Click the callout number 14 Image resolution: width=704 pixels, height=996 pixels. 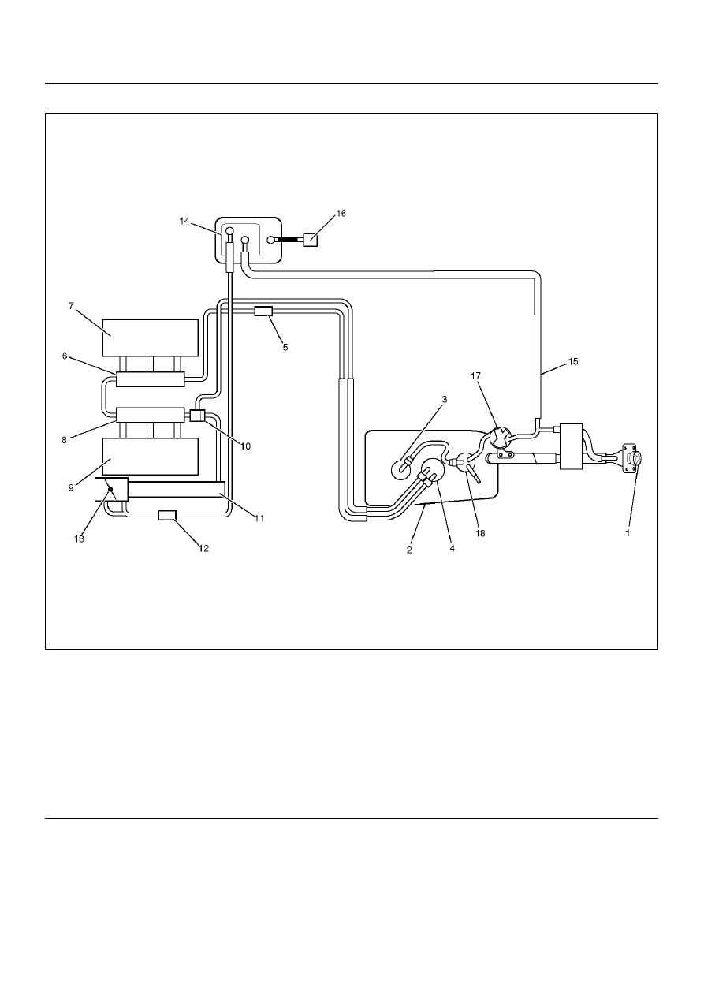click(x=184, y=221)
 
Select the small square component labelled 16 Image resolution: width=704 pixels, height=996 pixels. click(x=311, y=240)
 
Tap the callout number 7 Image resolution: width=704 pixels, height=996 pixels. click(x=71, y=306)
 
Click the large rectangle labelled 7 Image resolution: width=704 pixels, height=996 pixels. click(x=151, y=338)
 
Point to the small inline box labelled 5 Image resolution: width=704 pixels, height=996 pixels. click(x=263, y=311)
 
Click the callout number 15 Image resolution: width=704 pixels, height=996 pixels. click(x=573, y=361)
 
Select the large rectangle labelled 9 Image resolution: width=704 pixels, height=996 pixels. click(x=151, y=457)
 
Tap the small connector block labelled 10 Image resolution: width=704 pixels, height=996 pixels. click(x=196, y=416)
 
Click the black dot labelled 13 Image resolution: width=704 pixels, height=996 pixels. click(x=110, y=490)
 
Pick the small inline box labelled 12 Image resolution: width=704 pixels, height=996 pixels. click(x=168, y=515)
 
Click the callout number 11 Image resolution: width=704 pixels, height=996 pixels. click(x=259, y=518)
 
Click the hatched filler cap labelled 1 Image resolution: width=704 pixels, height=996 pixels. click(x=637, y=458)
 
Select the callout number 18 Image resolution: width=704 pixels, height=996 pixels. click(x=480, y=533)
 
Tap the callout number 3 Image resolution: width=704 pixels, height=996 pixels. click(x=444, y=399)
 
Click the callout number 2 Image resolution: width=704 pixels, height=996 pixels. click(x=409, y=550)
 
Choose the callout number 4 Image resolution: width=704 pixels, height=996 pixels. click(x=452, y=549)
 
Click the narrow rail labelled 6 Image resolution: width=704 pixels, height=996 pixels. click(x=151, y=379)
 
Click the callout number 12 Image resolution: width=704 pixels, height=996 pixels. click(x=203, y=549)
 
